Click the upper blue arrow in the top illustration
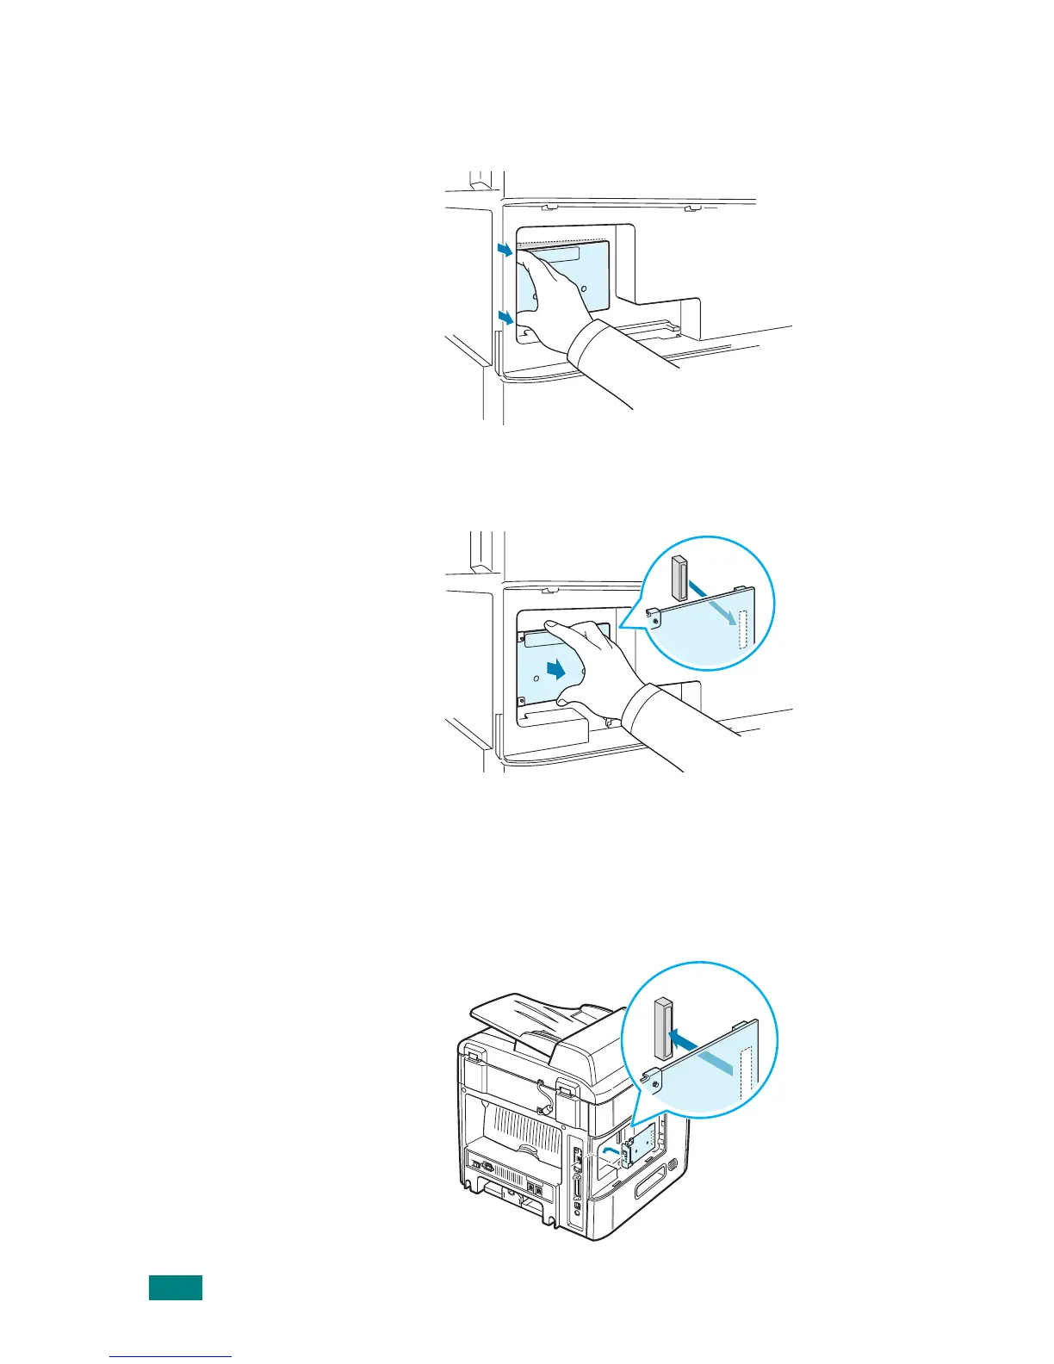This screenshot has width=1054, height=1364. pos(505,250)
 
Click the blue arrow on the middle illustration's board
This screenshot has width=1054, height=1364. pos(559,669)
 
